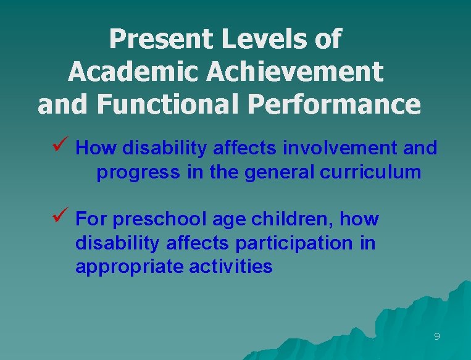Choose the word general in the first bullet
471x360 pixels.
pyautogui.click(x=280, y=172)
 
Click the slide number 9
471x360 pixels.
pyautogui.click(x=437, y=337)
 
